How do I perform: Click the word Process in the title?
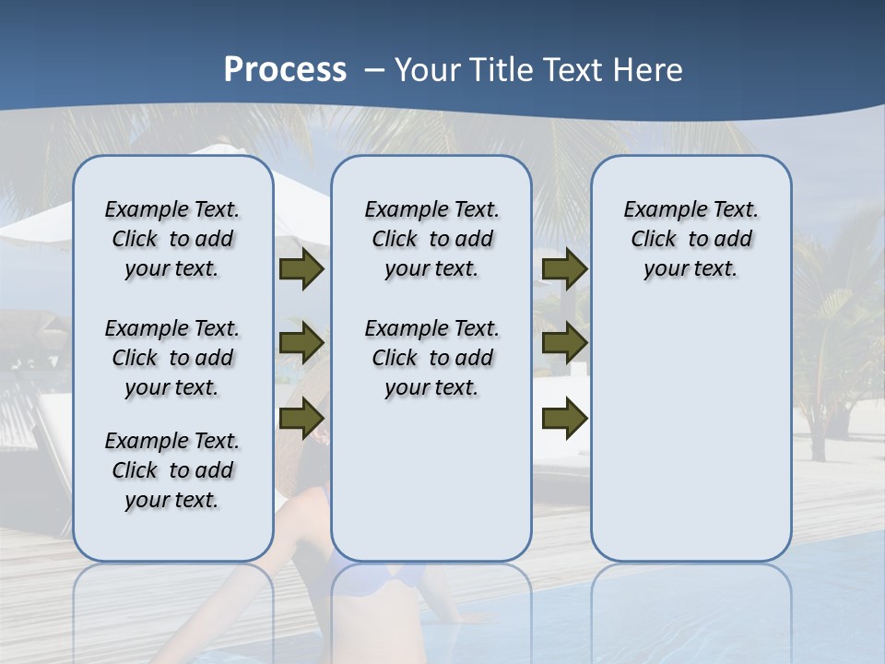(x=285, y=70)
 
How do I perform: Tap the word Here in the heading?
(x=648, y=70)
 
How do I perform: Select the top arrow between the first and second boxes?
(x=301, y=269)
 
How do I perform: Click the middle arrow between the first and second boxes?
(x=301, y=343)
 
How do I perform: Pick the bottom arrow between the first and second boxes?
(x=301, y=418)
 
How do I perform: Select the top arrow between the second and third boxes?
(x=564, y=269)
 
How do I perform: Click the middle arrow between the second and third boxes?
(x=564, y=343)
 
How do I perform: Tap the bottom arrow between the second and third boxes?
(x=564, y=418)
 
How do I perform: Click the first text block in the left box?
(x=172, y=239)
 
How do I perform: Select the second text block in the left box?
(x=172, y=358)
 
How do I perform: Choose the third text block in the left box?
(x=172, y=470)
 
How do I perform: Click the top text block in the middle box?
(x=431, y=239)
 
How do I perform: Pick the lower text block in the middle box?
(x=431, y=358)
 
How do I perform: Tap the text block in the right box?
(x=690, y=239)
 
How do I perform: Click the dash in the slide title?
(x=374, y=70)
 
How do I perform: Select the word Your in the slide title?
(x=430, y=70)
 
